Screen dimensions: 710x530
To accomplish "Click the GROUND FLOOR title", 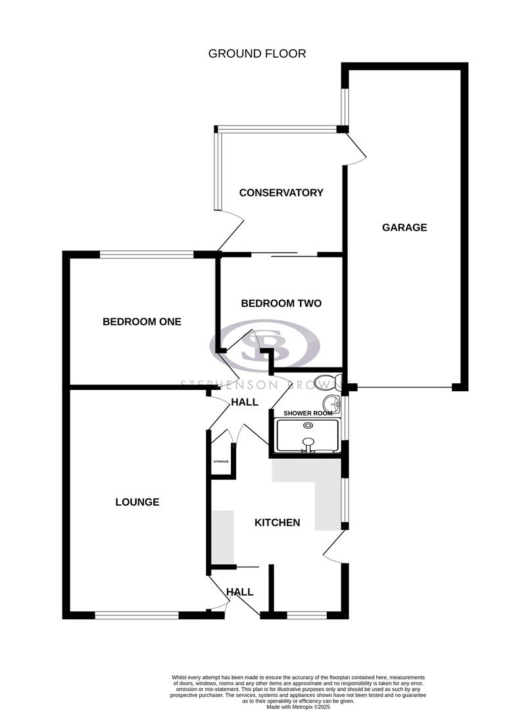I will pyautogui.click(x=257, y=53).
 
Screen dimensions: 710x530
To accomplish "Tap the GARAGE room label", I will pyautogui.click(x=404, y=227).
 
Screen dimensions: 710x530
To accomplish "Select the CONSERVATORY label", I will pyautogui.click(x=281, y=193).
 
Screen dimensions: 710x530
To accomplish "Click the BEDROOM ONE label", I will pyautogui.click(x=141, y=321).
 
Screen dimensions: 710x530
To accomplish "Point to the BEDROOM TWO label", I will pyautogui.click(x=281, y=303).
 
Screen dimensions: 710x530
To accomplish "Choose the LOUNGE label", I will pyautogui.click(x=137, y=502).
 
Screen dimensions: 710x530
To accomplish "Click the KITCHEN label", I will pyautogui.click(x=277, y=523).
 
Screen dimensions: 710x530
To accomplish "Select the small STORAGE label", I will pyautogui.click(x=221, y=461).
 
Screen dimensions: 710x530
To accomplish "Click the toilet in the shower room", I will pyautogui.click(x=326, y=382).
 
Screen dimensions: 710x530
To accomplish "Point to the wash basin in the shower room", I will pyautogui.click(x=330, y=404).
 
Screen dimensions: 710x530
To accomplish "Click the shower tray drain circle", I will pyautogui.click(x=307, y=426).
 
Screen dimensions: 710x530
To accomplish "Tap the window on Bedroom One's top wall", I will pyautogui.click(x=147, y=254).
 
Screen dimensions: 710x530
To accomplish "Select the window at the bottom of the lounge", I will pyautogui.click(x=137, y=615).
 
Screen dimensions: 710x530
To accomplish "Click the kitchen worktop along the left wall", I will pyautogui.click(x=222, y=536).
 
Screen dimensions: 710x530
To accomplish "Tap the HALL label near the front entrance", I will pyautogui.click(x=240, y=592).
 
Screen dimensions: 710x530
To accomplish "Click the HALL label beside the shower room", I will pyautogui.click(x=244, y=402).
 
